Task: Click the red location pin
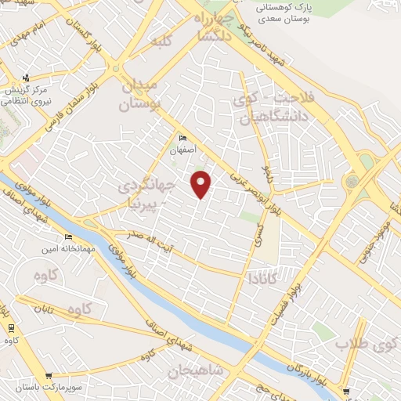(x=201, y=182)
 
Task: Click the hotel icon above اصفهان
(x=182, y=138)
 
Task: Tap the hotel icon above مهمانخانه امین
(x=68, y=237)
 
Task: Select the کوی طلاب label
(x=367, y=343)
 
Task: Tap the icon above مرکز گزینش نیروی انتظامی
(x=27, y=77)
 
